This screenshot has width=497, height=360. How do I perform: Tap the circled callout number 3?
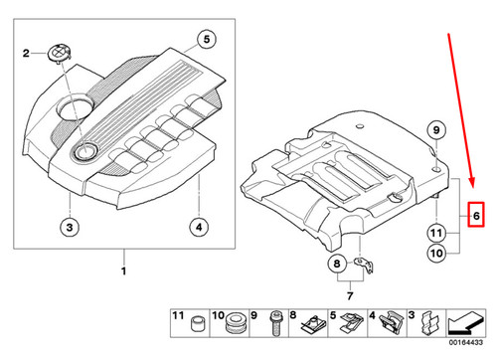click(x=68, y=229)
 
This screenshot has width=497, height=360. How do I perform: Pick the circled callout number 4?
click(x=199, y=229)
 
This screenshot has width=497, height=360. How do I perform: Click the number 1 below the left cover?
click(x=123, y=270)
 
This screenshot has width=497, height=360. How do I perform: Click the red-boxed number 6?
click(x=476, y=215)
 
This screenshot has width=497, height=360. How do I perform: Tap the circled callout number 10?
click(x=434, y=254)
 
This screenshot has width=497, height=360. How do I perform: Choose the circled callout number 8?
click(x=336, y=264)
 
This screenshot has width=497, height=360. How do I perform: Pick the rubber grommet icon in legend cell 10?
click(x=236, y=324)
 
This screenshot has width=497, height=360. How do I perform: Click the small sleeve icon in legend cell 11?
click(x=197, y=324)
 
